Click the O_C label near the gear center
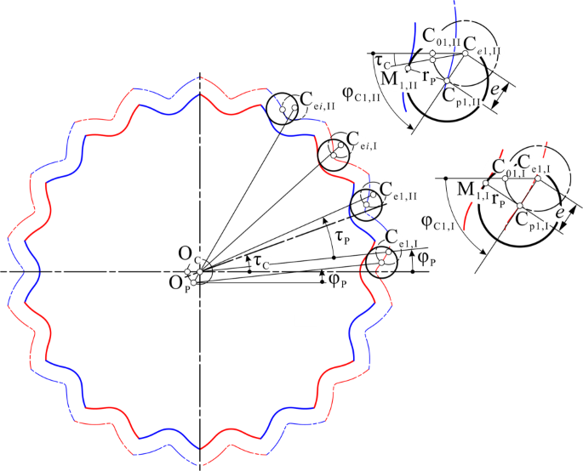point(186,254)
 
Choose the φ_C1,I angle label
point(441,222)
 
